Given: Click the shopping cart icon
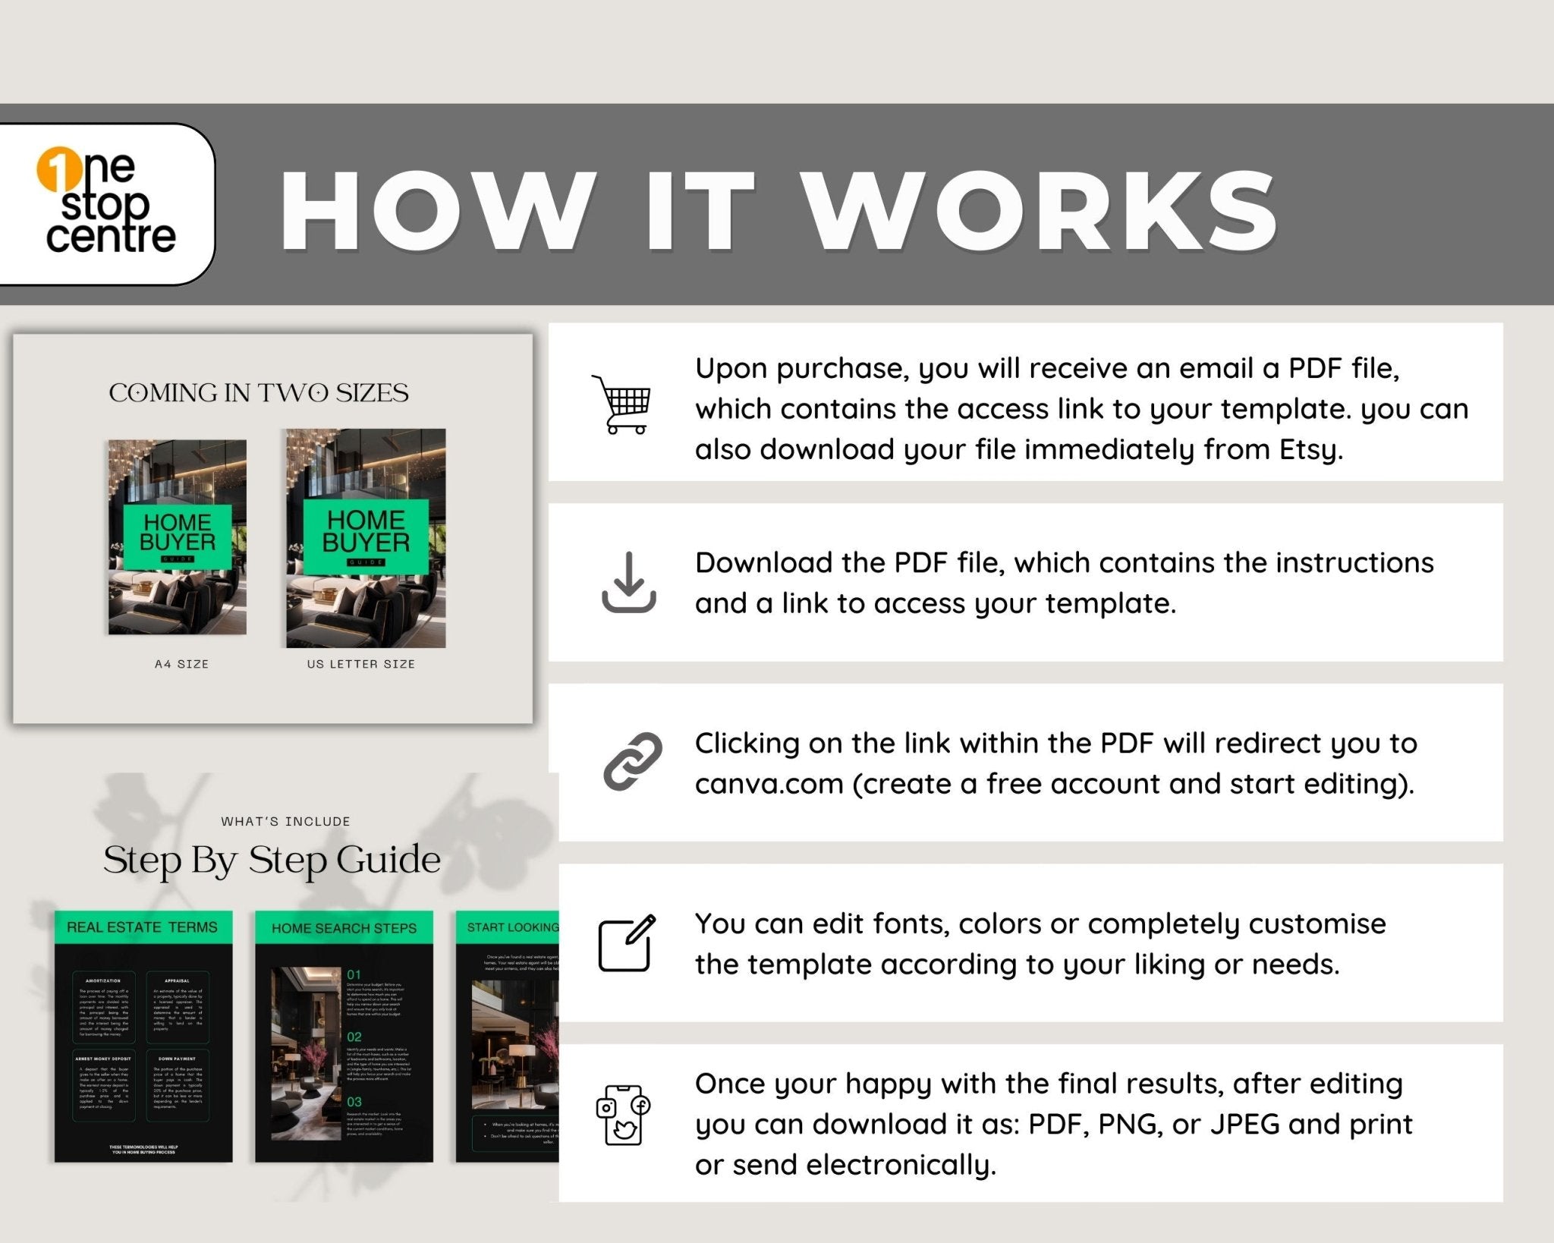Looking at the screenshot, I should [622, 404].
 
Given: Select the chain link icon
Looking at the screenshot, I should [632, 761].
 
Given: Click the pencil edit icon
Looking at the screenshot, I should [627, 943].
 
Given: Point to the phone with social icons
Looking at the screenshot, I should [623, 1114].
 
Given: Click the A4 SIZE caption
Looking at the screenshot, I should [181, 664].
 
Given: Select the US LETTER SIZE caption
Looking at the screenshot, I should [360, 664].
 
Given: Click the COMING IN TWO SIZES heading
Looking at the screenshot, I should [259, 393].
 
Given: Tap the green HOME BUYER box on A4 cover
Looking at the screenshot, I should [178, 536].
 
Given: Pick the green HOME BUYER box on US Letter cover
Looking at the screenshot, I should [366, 536].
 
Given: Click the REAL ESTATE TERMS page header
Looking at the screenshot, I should [143, 927].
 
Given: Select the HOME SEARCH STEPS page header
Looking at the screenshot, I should [344, 928].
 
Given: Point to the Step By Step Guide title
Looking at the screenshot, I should [272, 861].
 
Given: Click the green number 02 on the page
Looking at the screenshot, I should [354, 1037].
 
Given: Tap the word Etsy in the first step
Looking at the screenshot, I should [1310, 449].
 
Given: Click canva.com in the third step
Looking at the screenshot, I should [769, 784].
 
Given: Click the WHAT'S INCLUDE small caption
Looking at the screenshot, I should [285, 821].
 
